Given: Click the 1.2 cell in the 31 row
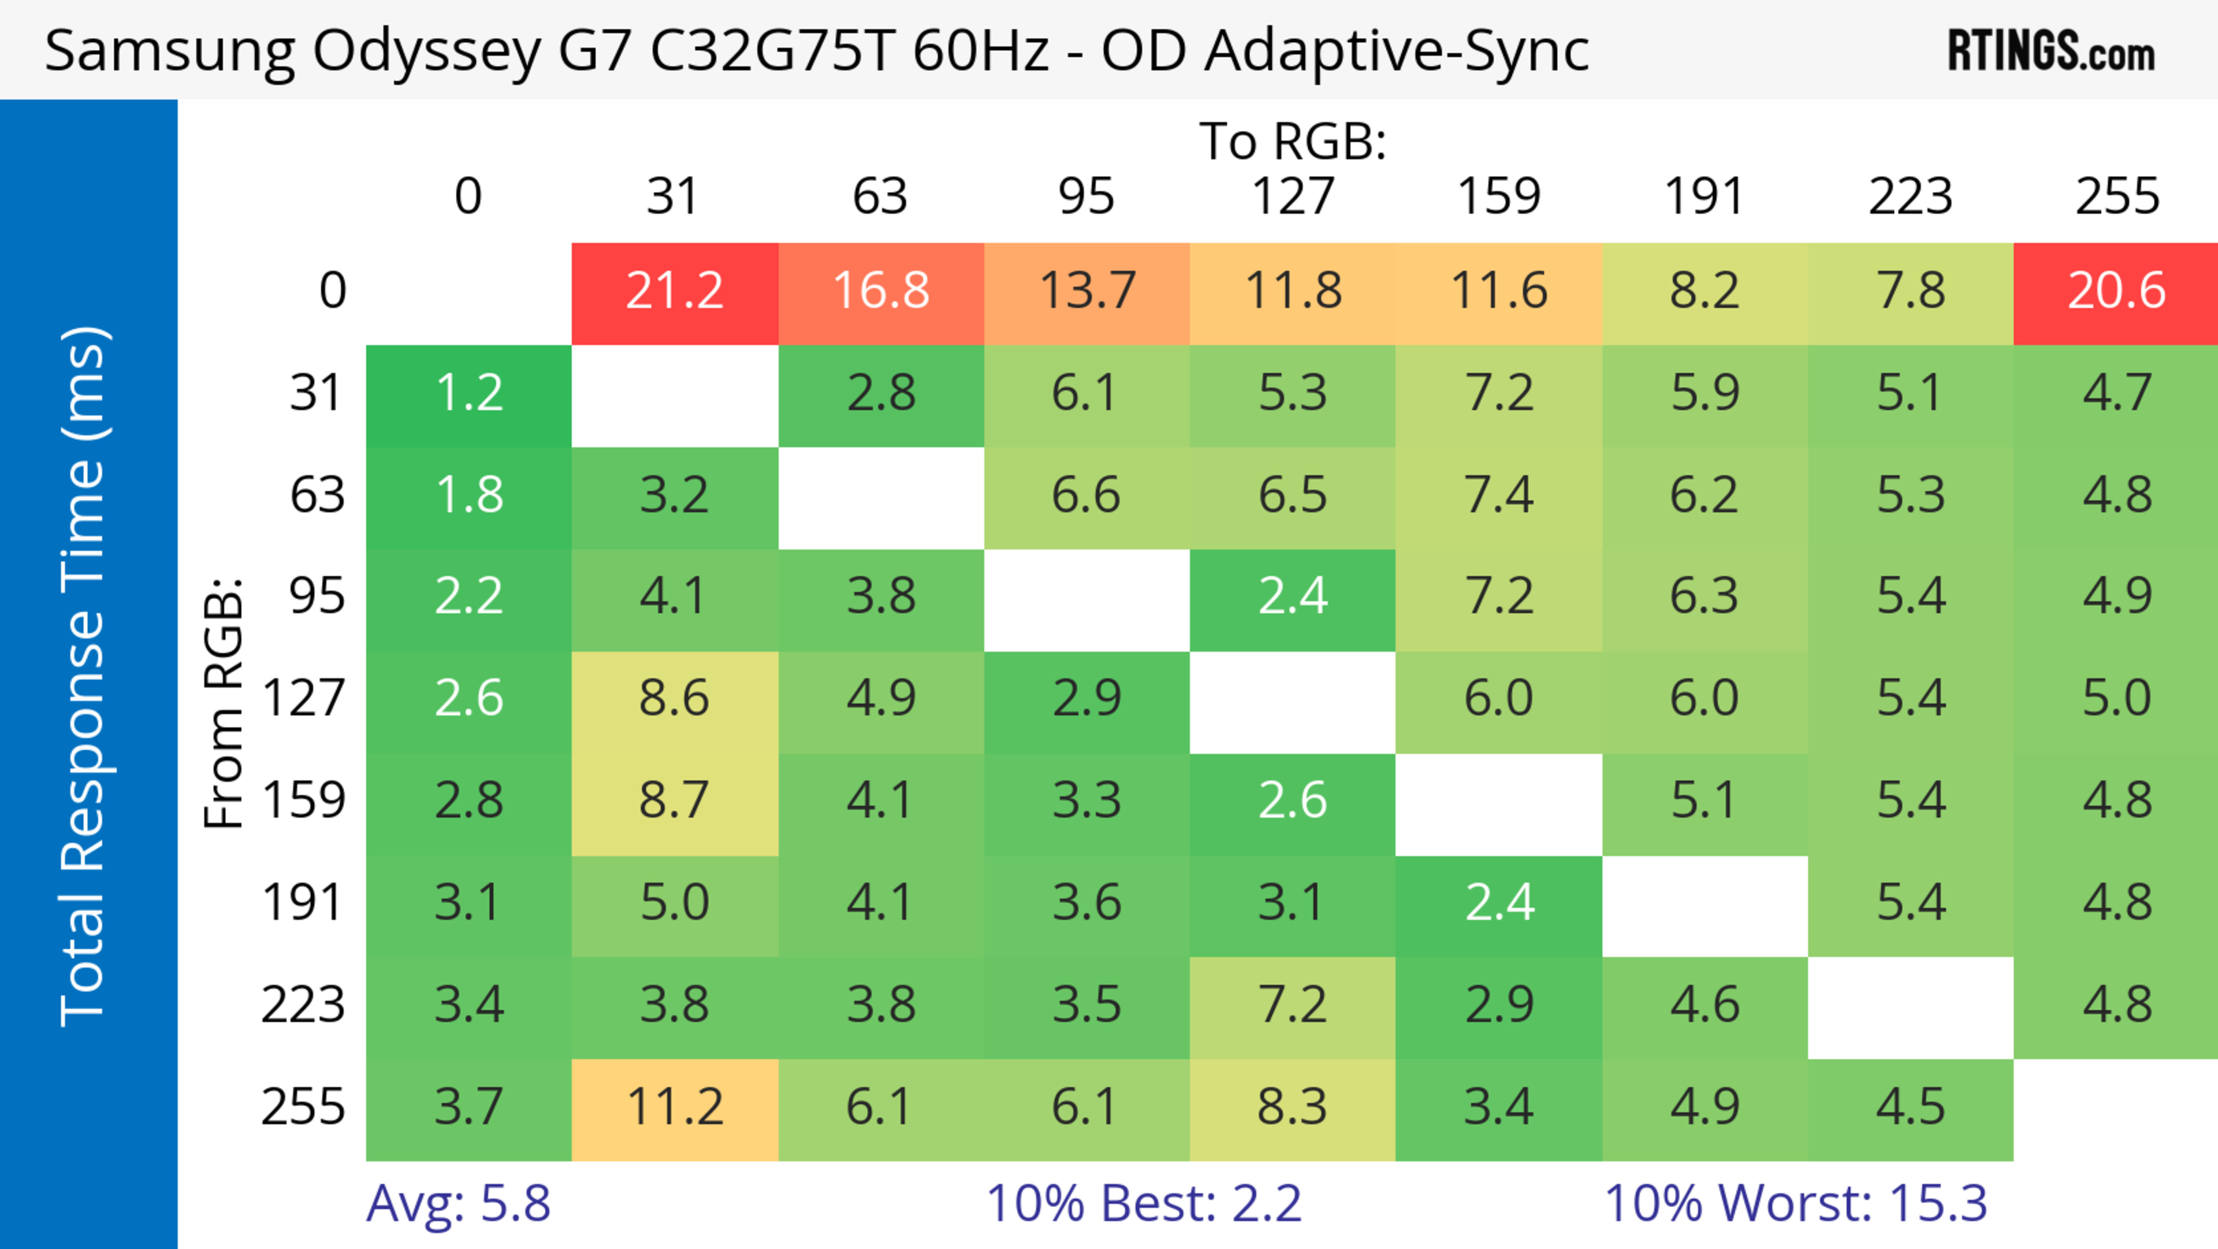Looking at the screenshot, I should click(468, 393).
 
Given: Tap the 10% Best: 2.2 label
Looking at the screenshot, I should click(1144, 1203).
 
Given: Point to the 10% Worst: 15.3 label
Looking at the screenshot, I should click(1795, 1203).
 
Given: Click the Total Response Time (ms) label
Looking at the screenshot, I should click(84, 676).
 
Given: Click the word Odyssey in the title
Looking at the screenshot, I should click(426, 51).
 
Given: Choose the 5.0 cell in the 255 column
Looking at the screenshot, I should click(2116, 698).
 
